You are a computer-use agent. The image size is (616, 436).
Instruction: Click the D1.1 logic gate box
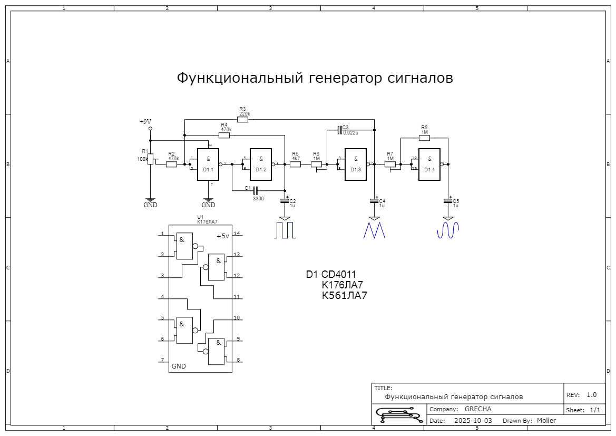[208, 164]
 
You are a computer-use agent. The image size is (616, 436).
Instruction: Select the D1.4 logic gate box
[429, 164]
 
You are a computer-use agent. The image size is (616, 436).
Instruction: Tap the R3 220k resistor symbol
[242, 120]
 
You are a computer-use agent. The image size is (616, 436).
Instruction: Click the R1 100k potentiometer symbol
[150, 159]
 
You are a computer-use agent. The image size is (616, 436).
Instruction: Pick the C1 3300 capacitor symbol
[256, 190]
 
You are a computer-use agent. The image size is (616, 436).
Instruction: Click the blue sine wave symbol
[448, 230]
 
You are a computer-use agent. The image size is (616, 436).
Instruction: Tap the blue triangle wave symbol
[375, 230]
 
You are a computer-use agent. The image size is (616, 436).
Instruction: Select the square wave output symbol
[285, 230]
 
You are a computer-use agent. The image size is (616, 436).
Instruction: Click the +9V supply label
[145, 122]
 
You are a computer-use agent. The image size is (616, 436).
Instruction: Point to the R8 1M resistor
[424, 138]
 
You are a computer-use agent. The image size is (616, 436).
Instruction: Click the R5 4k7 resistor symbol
[296, 164]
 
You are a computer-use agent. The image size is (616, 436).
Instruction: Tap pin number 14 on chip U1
[237, 233]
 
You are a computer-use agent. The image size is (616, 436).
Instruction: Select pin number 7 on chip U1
[162, 360]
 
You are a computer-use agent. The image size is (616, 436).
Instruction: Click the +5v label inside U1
[223, 237]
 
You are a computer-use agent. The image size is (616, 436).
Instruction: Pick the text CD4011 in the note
[339, 275]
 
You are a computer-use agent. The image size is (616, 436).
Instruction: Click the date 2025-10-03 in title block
[473, 421]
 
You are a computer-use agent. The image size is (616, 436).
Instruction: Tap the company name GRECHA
[478, 409]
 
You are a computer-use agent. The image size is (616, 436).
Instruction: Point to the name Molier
[546, 421]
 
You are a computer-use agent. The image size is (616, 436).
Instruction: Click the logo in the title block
[398, 414]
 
